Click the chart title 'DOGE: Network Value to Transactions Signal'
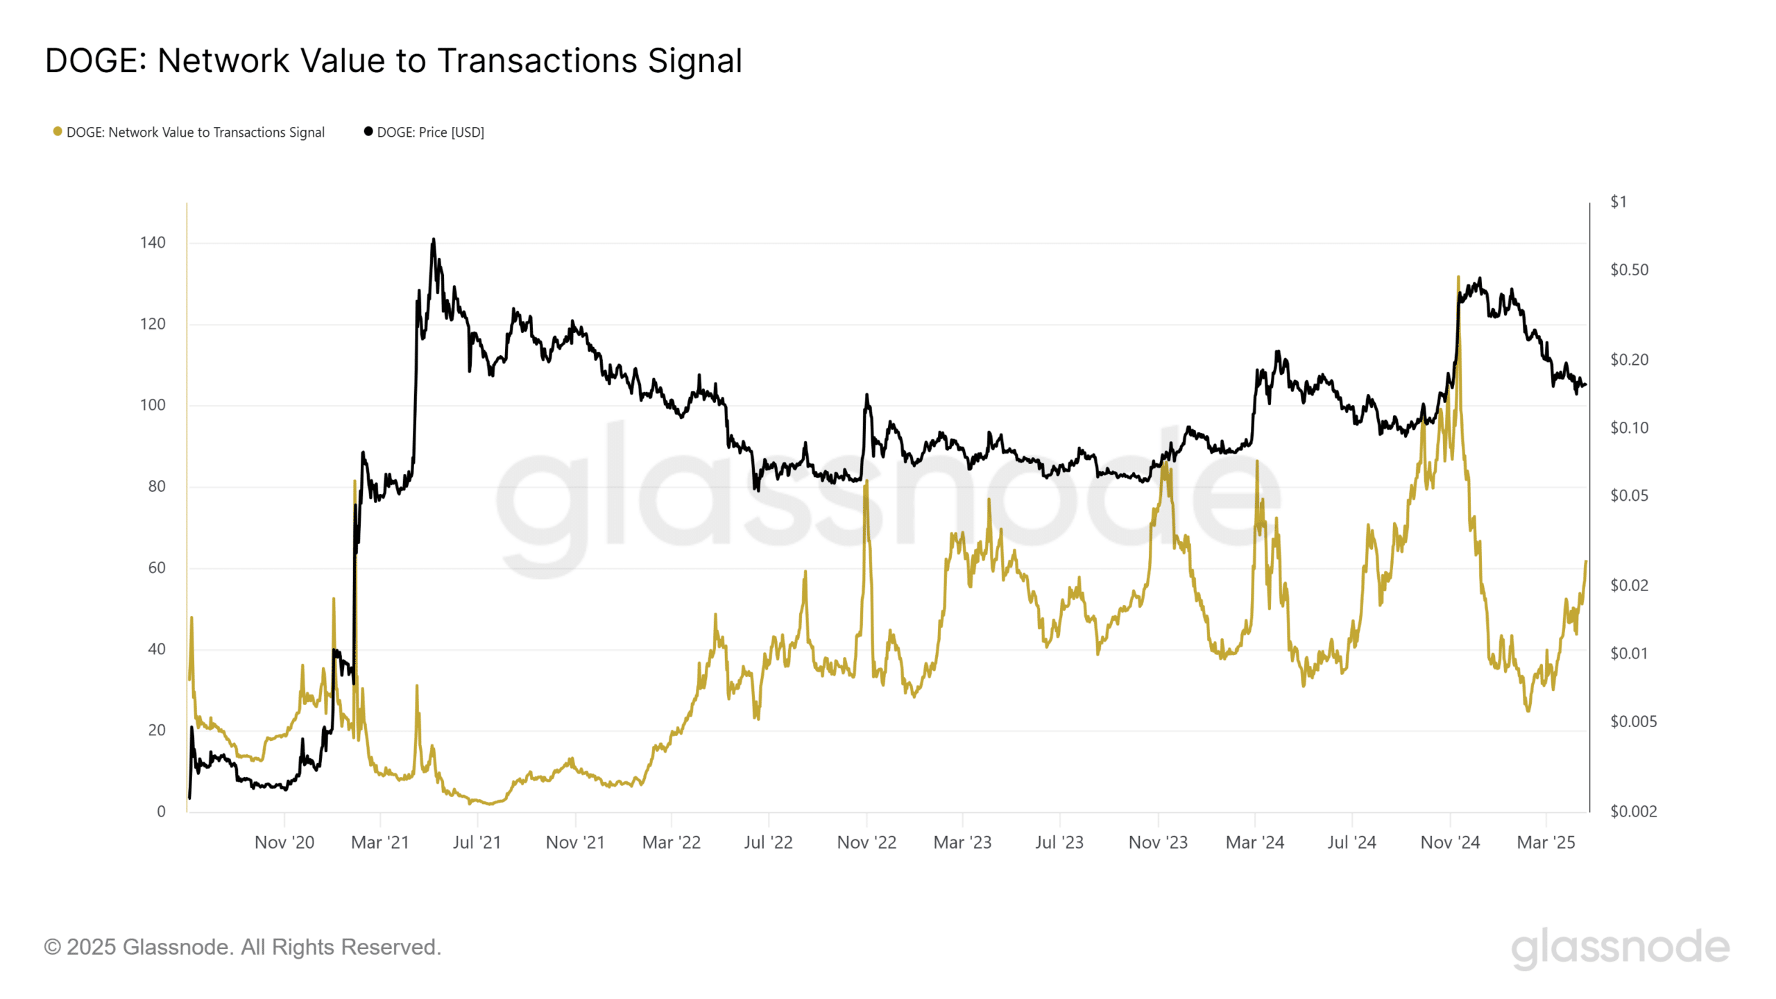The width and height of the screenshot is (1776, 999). tap(393, 61)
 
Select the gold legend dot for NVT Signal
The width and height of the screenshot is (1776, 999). tap(58, 132)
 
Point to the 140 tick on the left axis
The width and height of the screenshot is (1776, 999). tap(153, 243)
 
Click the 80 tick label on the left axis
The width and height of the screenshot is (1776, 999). tap(157, 486)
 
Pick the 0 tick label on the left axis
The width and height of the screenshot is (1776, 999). tap(161, 812)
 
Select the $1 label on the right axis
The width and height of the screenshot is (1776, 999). tap(1618, 202)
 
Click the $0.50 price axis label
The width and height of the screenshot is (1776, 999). tap(1629, 270)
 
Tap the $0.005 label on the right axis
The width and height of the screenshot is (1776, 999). tap(1633, 721)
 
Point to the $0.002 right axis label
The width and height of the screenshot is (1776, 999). tap(1633, 812)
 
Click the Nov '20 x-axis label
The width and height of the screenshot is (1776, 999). tap(284, 843)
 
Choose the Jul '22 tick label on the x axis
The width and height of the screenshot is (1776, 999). tap(768, 843)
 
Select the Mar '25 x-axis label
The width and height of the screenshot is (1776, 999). tap(1546, 843)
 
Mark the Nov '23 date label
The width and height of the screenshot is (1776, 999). tap(1158, 843)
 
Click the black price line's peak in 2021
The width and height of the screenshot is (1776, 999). tap(434, 240)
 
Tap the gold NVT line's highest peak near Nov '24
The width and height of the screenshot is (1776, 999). tap(1458, 277)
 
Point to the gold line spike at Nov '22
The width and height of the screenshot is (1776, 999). tap(866, 483)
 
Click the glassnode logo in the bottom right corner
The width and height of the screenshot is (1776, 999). tap(1620, 948)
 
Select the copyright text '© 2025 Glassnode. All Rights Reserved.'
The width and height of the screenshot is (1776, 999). tap(243, 948)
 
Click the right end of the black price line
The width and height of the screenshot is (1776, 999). tap(1585, 385)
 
